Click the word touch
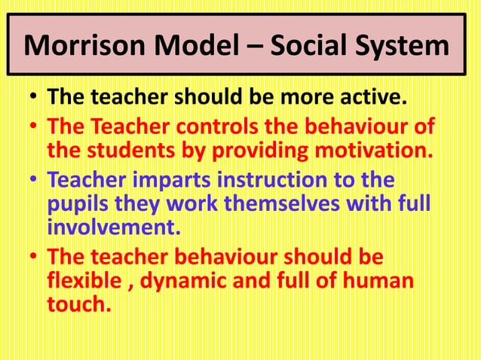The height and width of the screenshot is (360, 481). coord(77,305)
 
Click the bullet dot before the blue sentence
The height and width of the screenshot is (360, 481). coord(32,182)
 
